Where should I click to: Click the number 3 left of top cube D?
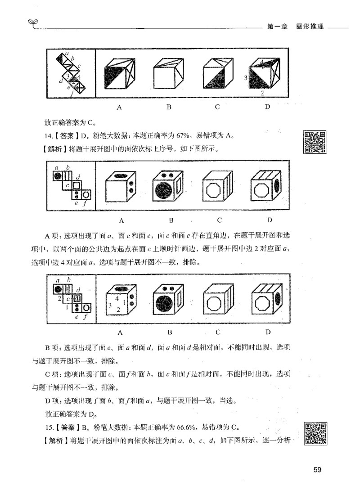click(246, 78)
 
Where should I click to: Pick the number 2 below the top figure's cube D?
click(262, 93)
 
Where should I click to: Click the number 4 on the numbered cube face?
click(117, 298)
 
